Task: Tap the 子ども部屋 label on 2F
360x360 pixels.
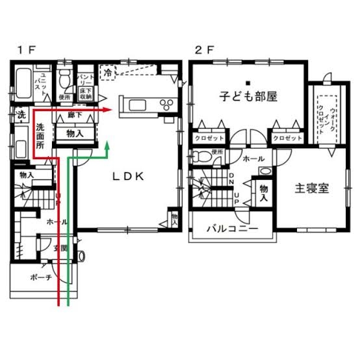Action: [x=248, y=97]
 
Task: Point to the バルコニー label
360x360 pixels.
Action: [x=232, y=229]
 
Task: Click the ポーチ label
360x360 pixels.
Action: [x=40, y=277]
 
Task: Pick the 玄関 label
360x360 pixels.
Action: [x=60, y=248]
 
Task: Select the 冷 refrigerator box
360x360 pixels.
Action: [x=107, y=73]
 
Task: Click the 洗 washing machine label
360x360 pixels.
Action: [x=21, y=115]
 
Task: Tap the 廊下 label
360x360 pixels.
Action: [x=75, y=115]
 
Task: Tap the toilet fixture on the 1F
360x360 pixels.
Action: [x=64, y=80]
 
